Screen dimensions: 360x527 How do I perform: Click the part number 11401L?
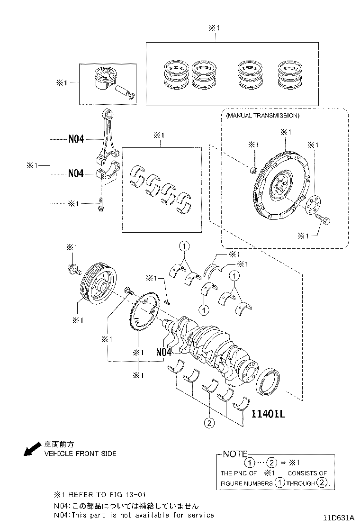click(268, 414)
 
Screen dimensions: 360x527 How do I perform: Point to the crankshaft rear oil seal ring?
click(268, 382)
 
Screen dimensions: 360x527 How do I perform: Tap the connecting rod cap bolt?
click(100, 205)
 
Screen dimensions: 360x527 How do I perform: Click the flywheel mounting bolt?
click(323, 219)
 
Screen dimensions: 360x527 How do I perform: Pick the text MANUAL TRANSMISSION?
click(262, 116)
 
